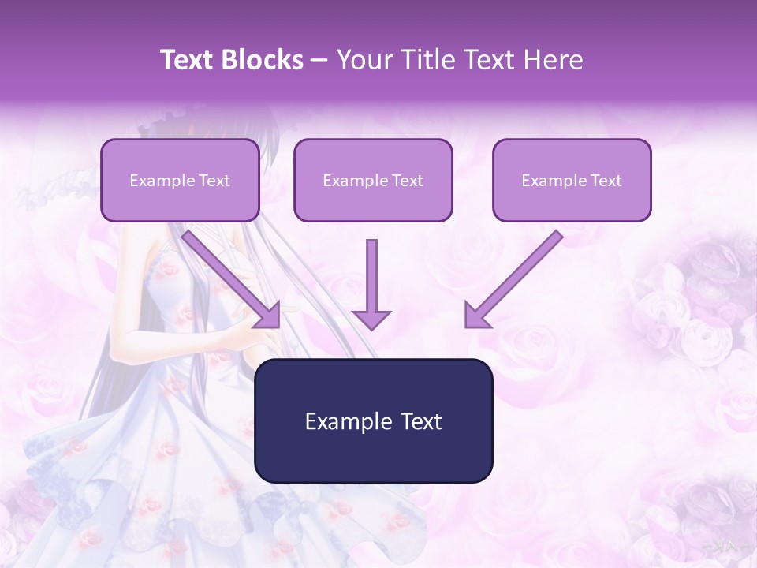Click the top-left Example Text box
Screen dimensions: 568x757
click(x=180, y=180)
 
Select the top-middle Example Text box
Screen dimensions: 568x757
click(x=373, y=180)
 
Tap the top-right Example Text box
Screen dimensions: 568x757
click(x=572, y=180)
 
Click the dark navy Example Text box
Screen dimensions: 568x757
click(x=374, y=420)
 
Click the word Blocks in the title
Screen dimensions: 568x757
click(x=263, y=60)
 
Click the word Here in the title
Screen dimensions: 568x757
click(x=554, y=60)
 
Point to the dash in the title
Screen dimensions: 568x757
click(x=319, y=61)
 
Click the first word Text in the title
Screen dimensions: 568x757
click(x=189, y=60)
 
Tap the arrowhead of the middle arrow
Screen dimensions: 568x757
click(x=371, y=319)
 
